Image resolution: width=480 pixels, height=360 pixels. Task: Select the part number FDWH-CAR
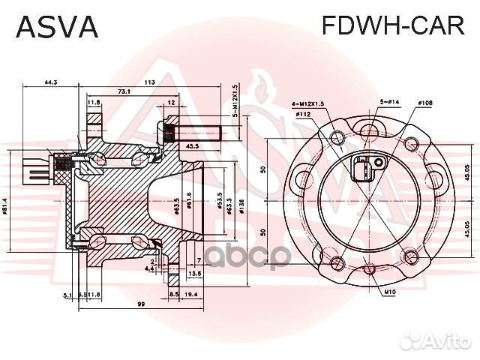click(x=393, y=26)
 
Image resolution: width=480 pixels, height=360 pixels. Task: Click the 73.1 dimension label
click(x=124, y=91)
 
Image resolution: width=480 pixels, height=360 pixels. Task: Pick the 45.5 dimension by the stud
click(x=192, y=146)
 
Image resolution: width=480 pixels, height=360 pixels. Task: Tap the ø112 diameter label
click(x=304, y=114)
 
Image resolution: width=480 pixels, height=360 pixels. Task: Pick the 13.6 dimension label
click(x=195, y=274)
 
